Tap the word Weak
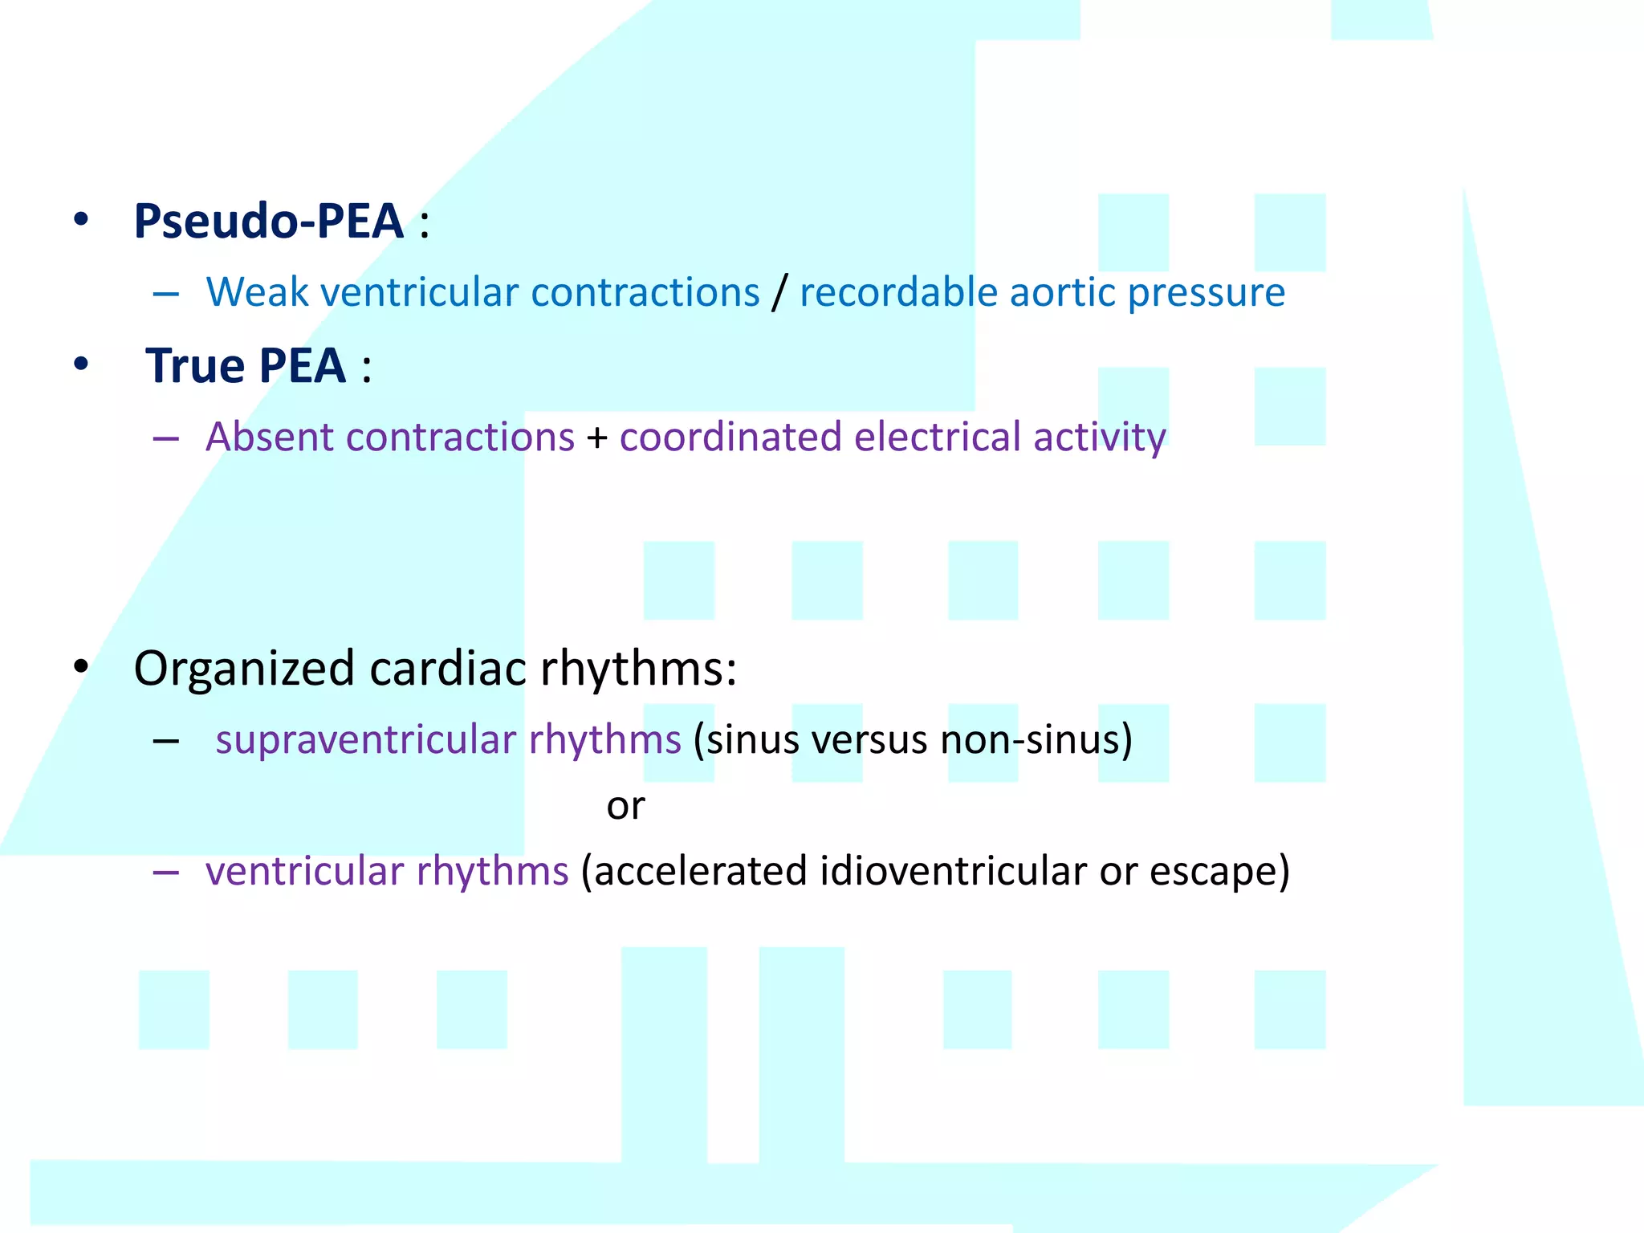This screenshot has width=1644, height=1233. coord(257,292)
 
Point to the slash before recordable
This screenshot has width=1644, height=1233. coord(779,292)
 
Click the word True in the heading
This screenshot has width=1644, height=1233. coord(195,366)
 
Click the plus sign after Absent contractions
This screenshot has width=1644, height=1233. coord(596,438)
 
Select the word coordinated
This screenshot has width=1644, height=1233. coord(730,437)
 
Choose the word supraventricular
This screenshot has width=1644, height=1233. coord(365,740)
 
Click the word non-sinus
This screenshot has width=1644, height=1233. coord(1036,739)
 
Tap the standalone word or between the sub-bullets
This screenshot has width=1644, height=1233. coord(625,806)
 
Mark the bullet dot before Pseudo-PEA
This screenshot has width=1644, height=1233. coord(80,219)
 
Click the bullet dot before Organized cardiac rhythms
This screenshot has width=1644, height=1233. coord(80,666)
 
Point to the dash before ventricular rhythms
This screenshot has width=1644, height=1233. coord(165,872)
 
